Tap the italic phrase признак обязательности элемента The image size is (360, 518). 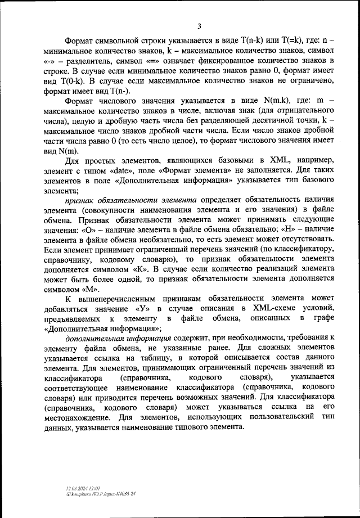[130, 200]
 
